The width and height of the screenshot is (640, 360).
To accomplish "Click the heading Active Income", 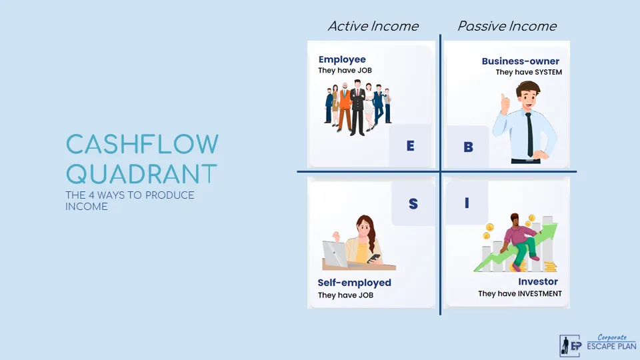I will click(x=373, y=26).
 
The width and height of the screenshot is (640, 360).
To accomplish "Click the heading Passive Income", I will click(x=507, y=26).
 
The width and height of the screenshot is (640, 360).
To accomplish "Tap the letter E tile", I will click(x=411, y=145).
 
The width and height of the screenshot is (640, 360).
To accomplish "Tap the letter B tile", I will click(x=468, y=147).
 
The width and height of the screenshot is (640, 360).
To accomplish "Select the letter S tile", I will click(x=413, y=204).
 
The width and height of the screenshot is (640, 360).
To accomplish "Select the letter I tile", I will click(x=467, y=203).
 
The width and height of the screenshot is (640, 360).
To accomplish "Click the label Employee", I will click(x=342, y=59).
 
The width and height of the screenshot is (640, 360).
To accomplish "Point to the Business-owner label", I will click(x=521, y=61).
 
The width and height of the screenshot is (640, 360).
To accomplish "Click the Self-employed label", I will click(x=354, y=283).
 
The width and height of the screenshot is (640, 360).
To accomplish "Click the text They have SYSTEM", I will click(x=529, y=72).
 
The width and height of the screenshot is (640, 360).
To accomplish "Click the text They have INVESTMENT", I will click(x=520, y=293).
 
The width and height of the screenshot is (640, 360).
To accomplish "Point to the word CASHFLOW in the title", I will click(x=142, y=145).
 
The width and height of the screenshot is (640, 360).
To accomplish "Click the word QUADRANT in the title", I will click(x=142, y=174).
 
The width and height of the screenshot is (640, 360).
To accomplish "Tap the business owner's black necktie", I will click(x=529, y=133).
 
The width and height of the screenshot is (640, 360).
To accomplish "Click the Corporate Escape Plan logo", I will click(x=597, y=345).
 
